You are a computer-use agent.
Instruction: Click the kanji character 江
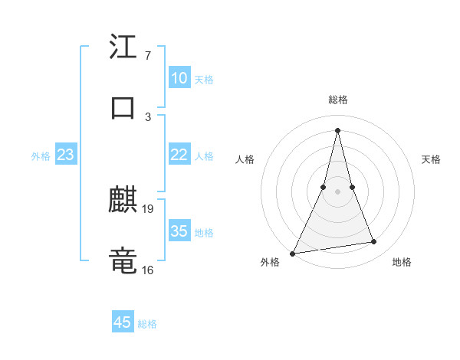pos(123,47)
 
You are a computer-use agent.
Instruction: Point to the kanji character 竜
pos(123,261)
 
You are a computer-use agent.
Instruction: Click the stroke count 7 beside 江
pos(147,56)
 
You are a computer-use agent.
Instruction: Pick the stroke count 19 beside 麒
pos(149,208)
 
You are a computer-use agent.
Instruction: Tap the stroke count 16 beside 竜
pos(148,270)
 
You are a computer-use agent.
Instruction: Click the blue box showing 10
pos(179,78)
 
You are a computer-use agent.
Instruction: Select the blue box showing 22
pos(179,155)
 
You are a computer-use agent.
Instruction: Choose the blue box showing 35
pos(179,231)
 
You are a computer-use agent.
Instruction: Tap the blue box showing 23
pos(65,155)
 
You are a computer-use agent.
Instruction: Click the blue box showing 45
pos(123,322)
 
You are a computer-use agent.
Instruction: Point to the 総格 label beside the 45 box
pos(147,324)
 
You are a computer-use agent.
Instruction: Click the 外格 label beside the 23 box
pos(41,156)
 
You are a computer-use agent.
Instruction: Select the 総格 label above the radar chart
pos(337,100)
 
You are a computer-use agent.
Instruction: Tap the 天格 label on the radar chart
pos(431,159)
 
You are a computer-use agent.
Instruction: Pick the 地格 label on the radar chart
pos(402,262)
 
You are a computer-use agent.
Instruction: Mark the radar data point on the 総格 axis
pos(337,129)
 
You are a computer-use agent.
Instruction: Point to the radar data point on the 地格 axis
pos(374,242)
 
